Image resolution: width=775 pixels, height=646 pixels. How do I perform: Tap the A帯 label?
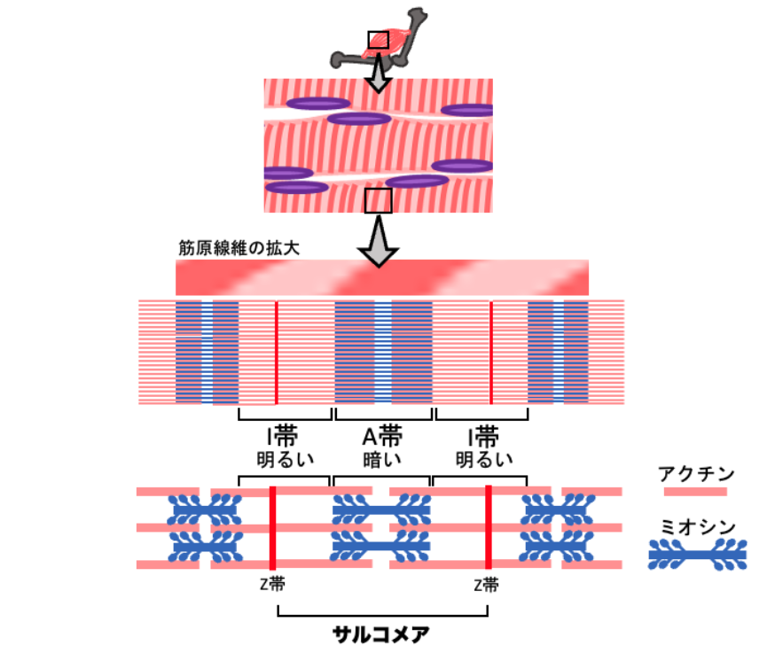[x=383, y=437]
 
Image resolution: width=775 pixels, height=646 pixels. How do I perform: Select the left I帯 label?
[x=285, y=437]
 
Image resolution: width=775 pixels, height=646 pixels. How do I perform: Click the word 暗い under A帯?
[x=383, y=460]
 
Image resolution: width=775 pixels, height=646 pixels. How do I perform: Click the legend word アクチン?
[x=693, y=472]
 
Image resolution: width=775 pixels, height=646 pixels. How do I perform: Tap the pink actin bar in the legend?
[x=693, y=491]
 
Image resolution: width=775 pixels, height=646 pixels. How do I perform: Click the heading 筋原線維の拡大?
[x=239, y=247]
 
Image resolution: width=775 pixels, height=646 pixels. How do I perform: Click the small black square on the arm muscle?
[x=379, y=40]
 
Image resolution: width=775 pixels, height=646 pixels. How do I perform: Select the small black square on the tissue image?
[x=379, y=200]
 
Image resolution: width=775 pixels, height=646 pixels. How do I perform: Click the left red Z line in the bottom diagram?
[x=272, y=527]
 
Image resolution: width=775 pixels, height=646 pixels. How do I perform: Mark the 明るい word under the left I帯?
[x=285, y=460]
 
